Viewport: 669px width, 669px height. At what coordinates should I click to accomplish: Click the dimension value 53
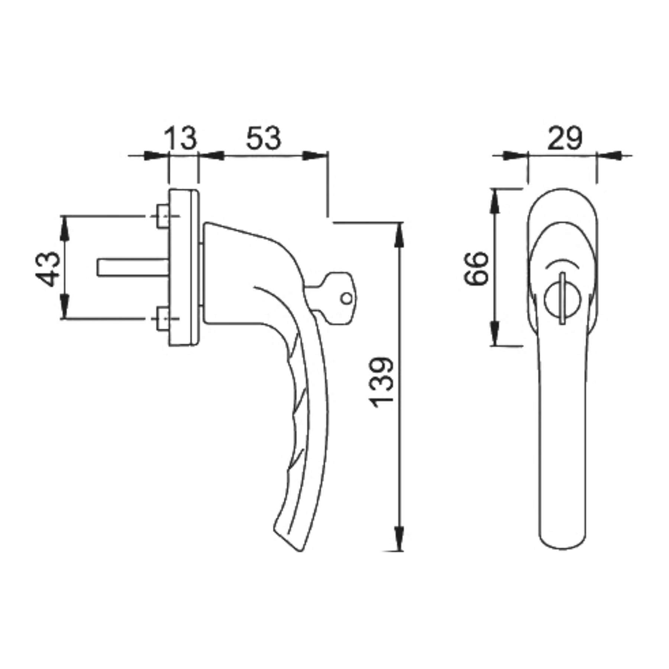(264, 138)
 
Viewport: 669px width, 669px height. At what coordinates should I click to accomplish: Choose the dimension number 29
(565, 138)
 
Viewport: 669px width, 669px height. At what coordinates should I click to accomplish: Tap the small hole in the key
(346, 298)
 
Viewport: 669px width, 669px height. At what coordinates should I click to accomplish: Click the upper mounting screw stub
(162, 216)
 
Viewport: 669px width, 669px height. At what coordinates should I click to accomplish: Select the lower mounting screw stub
(162, 319)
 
